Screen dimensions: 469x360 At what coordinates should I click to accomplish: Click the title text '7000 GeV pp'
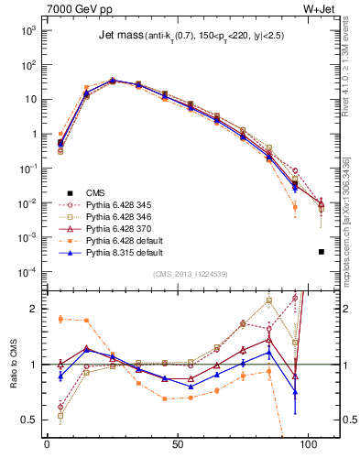click(x=74, y=10)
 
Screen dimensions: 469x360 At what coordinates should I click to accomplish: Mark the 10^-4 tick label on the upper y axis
click(x=27, y=272)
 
